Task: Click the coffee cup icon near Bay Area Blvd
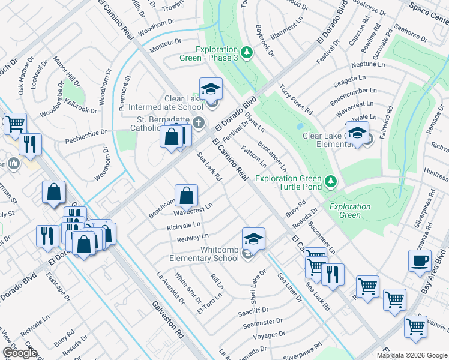(x=420, y=261)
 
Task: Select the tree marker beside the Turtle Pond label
(x=330, y=181)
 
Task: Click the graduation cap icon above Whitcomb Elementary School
(x=253, y=239)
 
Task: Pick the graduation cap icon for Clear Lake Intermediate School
(x=211, y=89)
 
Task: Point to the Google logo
(x=20, y=353)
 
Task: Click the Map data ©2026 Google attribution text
(x=412, y=355)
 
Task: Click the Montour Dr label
(x=165, y=44)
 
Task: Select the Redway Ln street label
(x=193, y=238)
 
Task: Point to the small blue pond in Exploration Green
(x=301, y=127)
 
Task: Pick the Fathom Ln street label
(x=254, y=155)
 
